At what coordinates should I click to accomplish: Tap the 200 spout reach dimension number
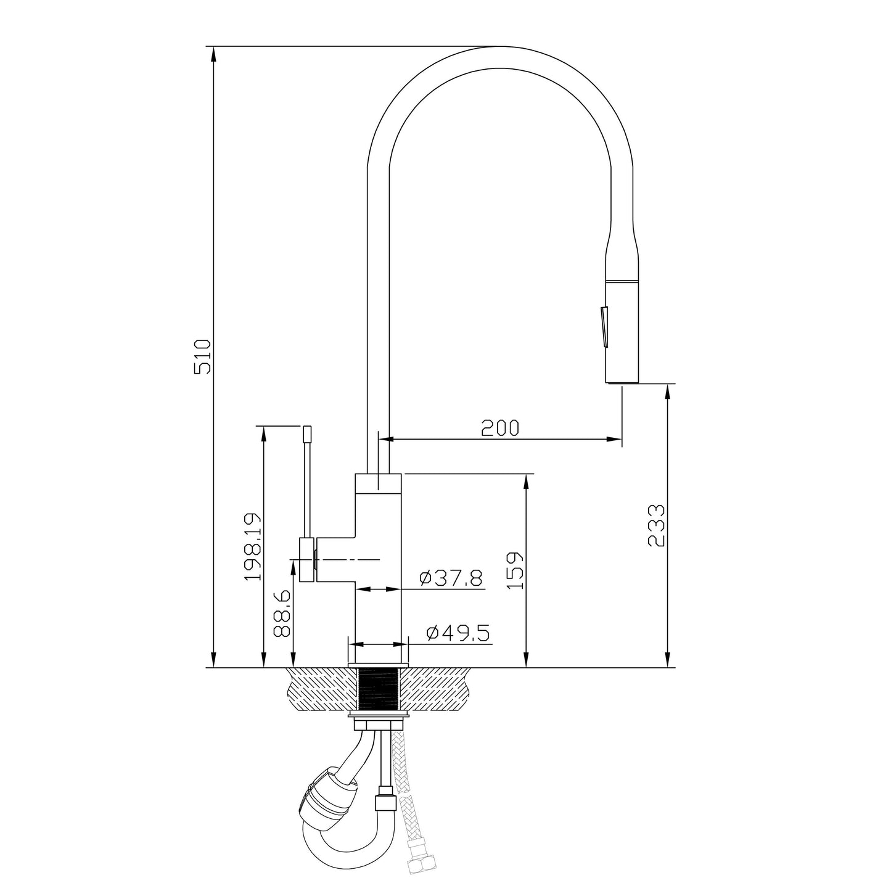pos(500,428)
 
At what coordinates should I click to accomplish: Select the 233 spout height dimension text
pos(656,525)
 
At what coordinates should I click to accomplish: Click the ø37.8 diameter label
pos(450,578)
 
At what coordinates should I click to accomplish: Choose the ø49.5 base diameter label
pos(458,633)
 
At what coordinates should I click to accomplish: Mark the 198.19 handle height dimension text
pos(253,546)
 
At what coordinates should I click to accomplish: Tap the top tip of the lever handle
pos(307,431)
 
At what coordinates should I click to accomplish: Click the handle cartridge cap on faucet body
pos(308,560)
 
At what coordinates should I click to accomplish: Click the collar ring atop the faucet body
pos(378,483)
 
